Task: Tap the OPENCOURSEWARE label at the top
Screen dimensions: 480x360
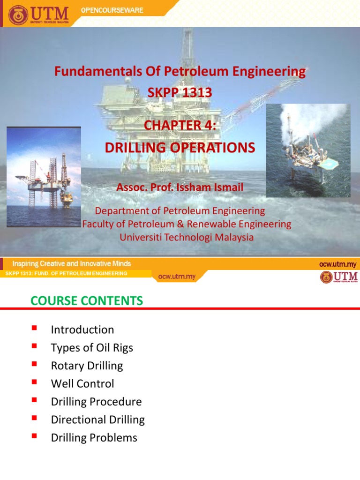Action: (x=112, y=10)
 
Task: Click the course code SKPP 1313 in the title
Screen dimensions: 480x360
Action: (x=180, y=93)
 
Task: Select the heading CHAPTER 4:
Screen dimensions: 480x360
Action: (x=180, y=125)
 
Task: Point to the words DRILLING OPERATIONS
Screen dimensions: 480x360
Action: (x=180, y=148)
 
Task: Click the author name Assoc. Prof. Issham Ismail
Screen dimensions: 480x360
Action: (x=180, y=188)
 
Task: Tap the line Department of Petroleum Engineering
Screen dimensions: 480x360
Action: (x=180, y=211)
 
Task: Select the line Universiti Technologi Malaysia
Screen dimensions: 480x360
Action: (x=187, y=237)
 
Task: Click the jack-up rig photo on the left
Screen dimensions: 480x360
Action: (x=44, y=177)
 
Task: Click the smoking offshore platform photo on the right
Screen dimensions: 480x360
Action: (x=308, y=150)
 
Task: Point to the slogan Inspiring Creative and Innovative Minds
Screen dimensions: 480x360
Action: (x=72, y=264)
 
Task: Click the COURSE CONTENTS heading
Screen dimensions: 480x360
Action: (x=87, y=301)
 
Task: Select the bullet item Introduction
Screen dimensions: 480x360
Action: (x=82, y=330)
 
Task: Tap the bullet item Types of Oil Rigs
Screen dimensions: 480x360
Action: (x=92, y=348)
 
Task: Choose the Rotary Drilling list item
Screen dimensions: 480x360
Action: (x=87, y=366)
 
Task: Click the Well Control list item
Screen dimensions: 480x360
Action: (x=82, y=384)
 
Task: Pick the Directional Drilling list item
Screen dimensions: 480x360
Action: (x=97, y=420)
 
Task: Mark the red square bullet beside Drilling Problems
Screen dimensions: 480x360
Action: (x=34, y=436)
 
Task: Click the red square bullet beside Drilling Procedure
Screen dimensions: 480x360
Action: (x=34, y=400)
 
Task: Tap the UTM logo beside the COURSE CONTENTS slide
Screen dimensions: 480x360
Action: (x=338, y=277)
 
